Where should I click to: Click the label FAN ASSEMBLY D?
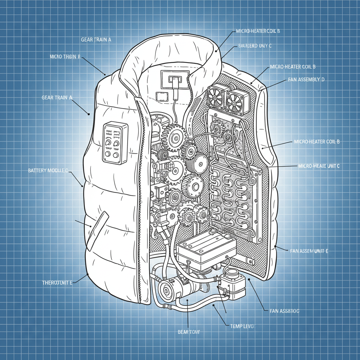[306, 80]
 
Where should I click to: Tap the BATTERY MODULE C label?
[47, 171]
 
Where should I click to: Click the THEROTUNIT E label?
[57, 283]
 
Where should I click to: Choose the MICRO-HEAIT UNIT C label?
[319, 166]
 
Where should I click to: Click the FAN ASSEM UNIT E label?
[309, 251]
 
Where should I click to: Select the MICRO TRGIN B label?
[65, 57]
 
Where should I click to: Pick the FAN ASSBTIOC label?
[284, 311]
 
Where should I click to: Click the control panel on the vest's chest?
[114, 143]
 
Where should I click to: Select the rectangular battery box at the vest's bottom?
[206, 250]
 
